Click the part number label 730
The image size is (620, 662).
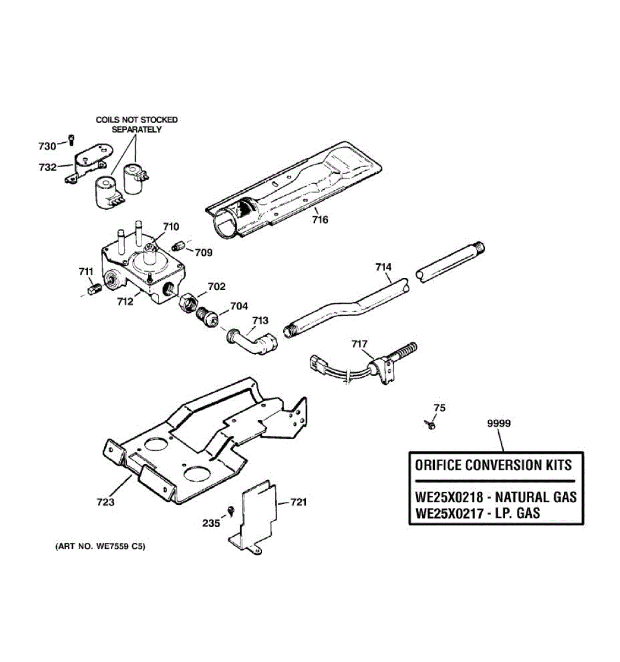(x=47, y=146)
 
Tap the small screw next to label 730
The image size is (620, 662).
(x=71, y=140)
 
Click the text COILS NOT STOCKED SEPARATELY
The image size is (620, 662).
(x=137, y=125)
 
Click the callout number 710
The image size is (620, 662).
(x=171, y=227)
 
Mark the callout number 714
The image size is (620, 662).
(x=384, y=268)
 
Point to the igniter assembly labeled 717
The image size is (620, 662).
(x=380, y=364)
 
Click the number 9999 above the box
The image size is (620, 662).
(x=499, y=424)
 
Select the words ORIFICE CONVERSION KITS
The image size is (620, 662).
(x=493, y=465)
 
